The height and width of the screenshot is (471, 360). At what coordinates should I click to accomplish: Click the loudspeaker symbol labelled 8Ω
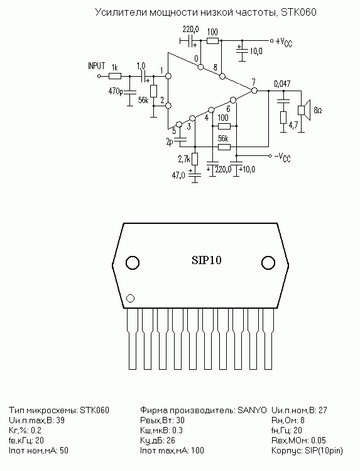tap(303, 110)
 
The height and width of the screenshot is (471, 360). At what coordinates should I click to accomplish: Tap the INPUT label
tap(96, 66)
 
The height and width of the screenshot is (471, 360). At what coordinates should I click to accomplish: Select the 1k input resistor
tap(115, 76)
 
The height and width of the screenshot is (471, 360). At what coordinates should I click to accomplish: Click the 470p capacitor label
tap(116, 91)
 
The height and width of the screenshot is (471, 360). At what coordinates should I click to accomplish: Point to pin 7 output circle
tap(254, 91)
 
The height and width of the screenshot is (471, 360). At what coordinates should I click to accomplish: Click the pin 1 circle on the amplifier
tap(168, 76)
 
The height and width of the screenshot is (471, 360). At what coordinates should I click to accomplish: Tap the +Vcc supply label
tap(283, 42)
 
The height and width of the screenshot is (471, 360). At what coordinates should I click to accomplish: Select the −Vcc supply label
tap(282, 157)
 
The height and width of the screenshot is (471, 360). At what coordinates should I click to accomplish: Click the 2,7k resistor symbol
tap(195, 159)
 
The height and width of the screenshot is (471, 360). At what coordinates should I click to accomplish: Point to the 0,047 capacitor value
tap(282, 84)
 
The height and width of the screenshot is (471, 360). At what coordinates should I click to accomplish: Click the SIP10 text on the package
tap(207, 260)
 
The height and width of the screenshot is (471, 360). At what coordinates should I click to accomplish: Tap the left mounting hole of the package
tap(133, 263)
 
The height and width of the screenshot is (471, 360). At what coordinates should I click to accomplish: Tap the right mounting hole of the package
tap(268, 263)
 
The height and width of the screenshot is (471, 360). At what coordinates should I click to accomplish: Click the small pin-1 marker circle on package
tap(131, 298)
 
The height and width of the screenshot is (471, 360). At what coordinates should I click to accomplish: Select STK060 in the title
tap(298, 13)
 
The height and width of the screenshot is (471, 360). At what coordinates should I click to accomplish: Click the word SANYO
tap(252, 410)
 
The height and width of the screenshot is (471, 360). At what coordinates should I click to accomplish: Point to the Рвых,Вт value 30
tap(180, 420)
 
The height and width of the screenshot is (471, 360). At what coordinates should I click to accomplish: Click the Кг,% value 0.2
tap(36, 431)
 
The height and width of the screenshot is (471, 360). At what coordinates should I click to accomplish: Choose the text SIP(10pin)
tap(324, 451)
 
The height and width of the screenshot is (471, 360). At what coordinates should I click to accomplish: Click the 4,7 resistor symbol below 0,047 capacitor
tap(283, 118)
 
